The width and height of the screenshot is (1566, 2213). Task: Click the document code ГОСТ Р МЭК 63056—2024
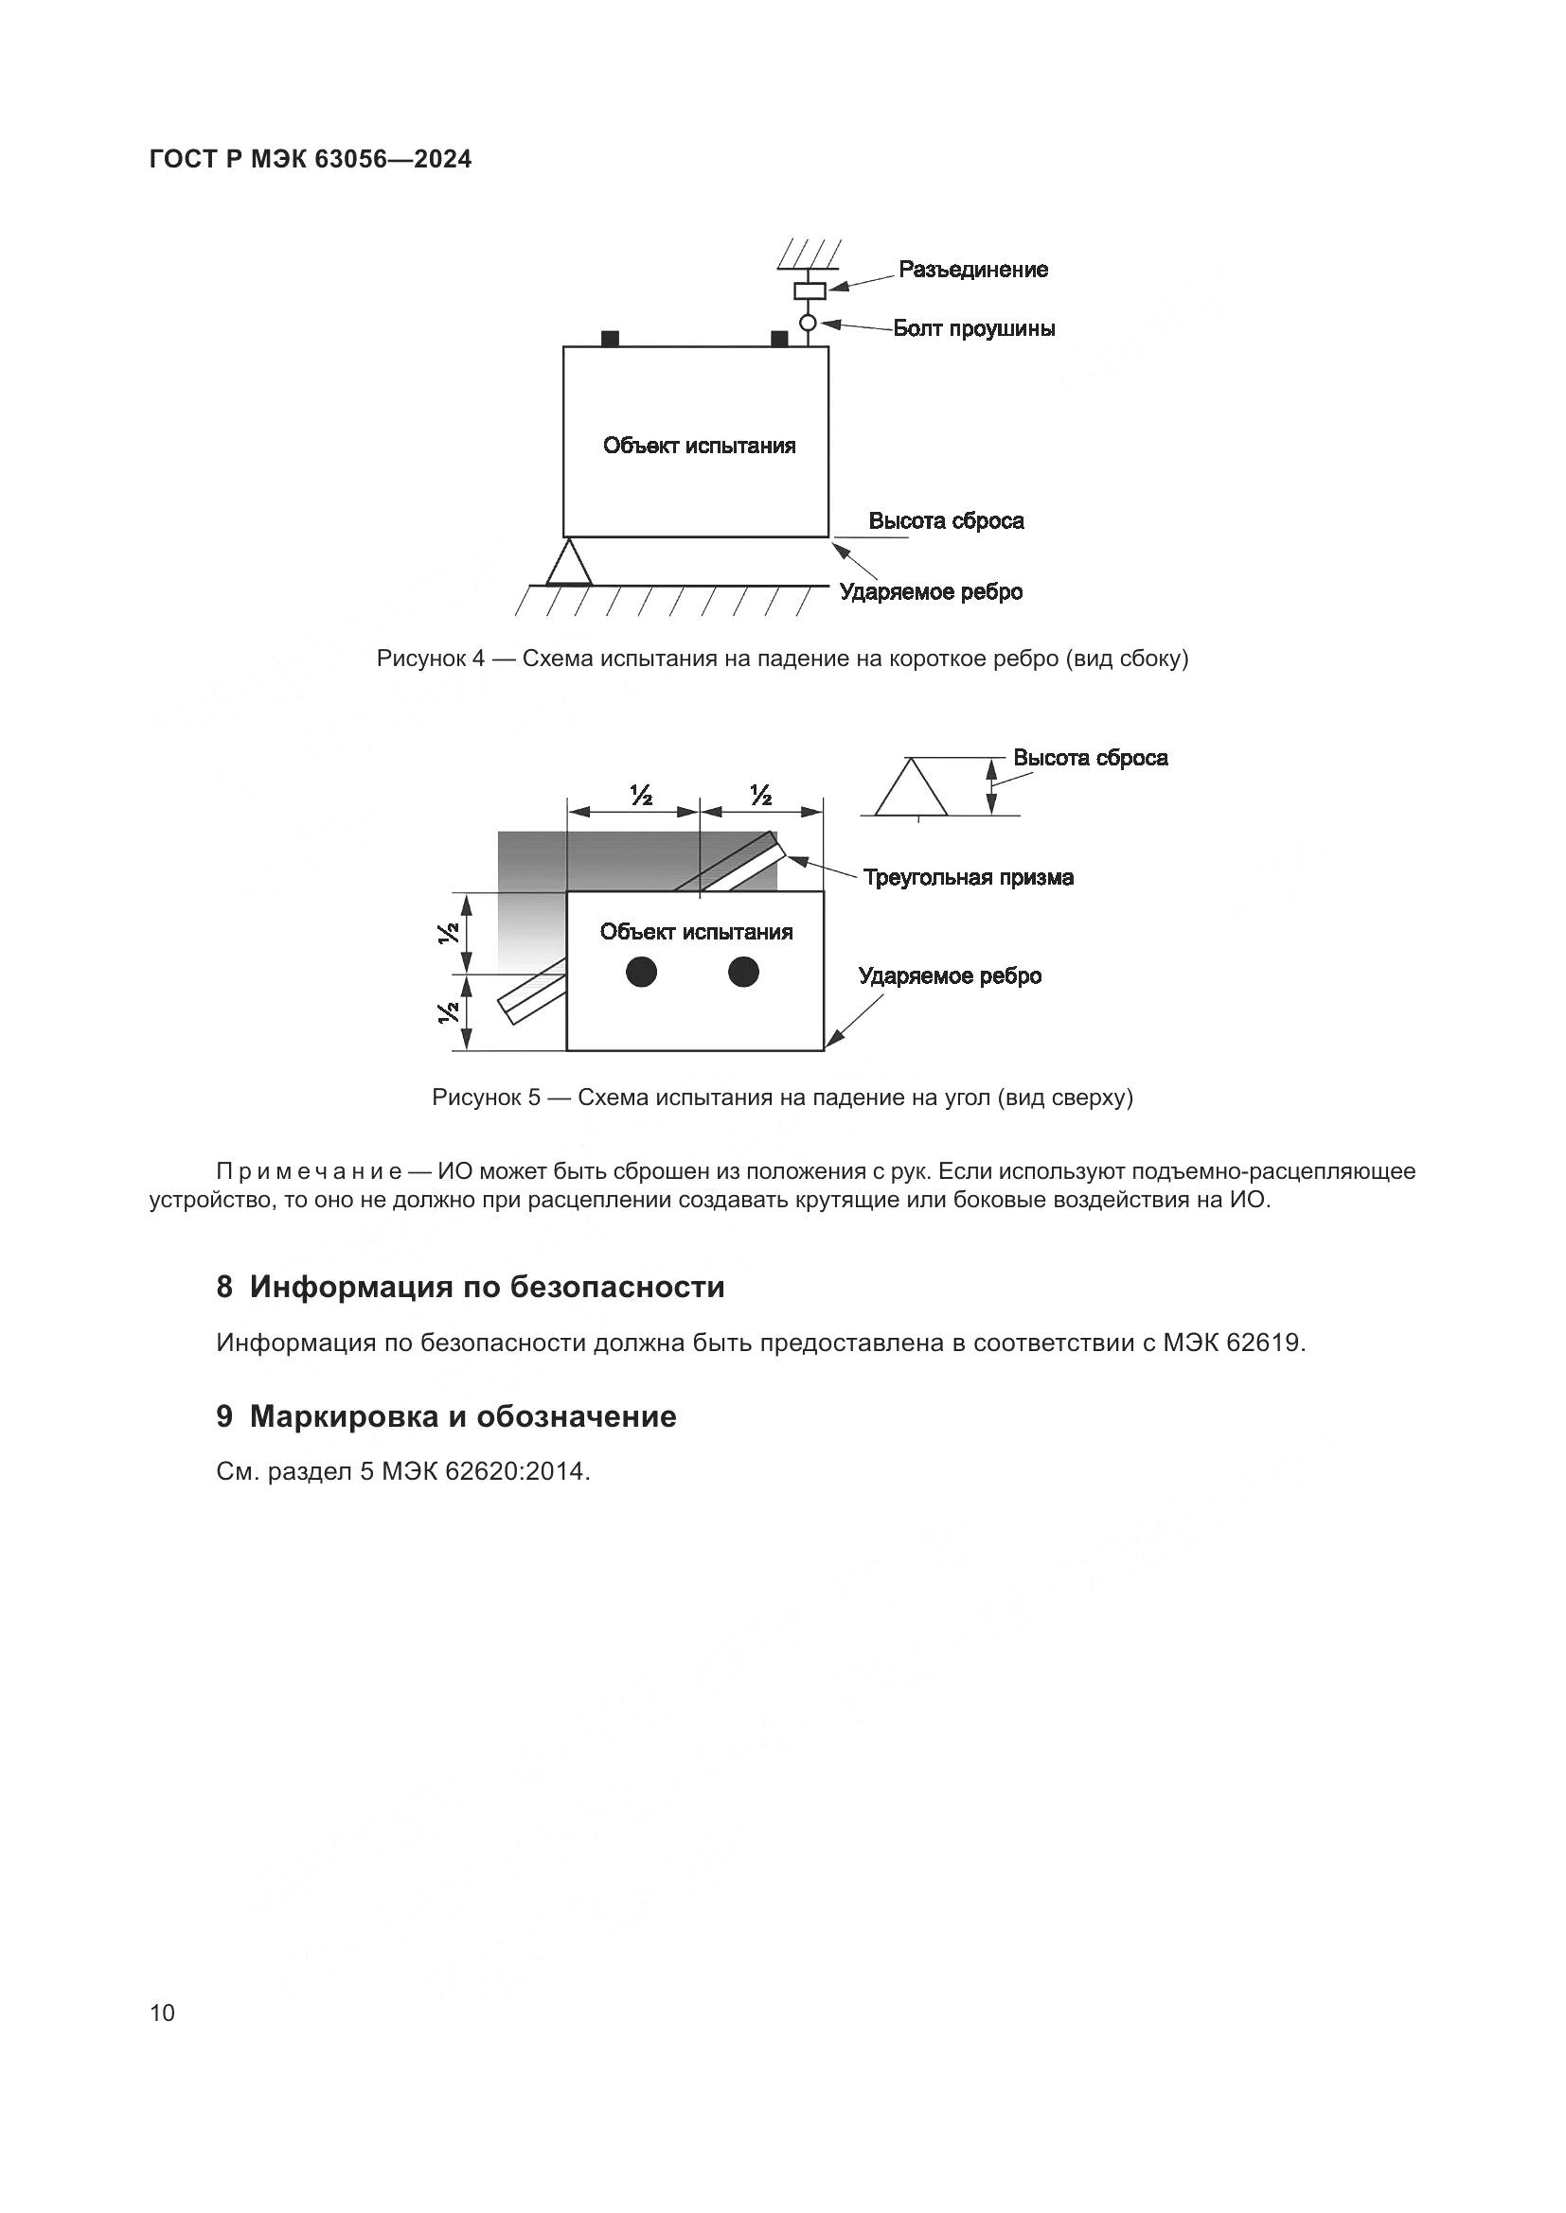(x=311, y=160)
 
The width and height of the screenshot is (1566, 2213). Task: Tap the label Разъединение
(x=972, y=270)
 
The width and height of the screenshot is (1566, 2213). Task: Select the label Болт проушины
(x=973, y=328)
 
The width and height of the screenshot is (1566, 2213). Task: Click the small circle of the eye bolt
(x=808, y=323)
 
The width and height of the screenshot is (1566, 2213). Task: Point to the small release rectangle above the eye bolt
(x=809, y=290)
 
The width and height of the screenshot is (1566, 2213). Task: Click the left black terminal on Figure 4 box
(x=610, y=339)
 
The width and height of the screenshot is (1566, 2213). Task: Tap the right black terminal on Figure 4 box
(x=779, y=339)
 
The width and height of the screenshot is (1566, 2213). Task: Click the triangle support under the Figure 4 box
(x=569, y=565)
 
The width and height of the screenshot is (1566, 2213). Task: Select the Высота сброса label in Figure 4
(x=945, y=521)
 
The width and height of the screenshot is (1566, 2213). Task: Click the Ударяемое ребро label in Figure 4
(x=930, y=591)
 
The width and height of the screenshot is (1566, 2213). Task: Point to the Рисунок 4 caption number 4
(x=478, y=659)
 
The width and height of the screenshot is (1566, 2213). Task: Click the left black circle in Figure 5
(x=641, y=972)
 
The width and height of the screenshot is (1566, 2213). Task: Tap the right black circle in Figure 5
(x=743, y=972)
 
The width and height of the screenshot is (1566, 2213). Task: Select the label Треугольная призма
(x=968, y=878)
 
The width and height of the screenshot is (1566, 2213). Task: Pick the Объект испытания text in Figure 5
(x=696, y=932)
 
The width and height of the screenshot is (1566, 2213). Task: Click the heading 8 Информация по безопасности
(x=471, y=1288)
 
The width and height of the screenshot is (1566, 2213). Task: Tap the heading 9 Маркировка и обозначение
(x=447, y=1417)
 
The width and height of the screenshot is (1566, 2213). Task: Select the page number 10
(x=163, y=2012)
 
